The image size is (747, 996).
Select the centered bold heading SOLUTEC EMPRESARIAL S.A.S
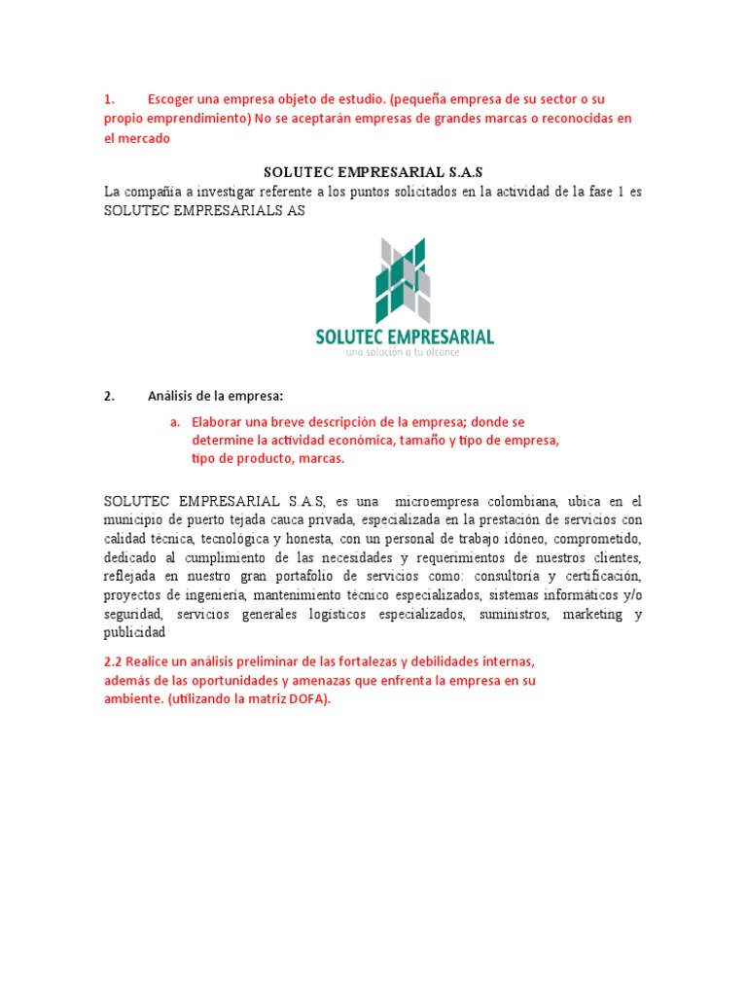pyautogui.click(x=373, y=172)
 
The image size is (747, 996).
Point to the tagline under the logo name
pyautogui.click(x=404, y=352)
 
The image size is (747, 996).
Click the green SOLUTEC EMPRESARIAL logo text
pyautogui.click(x=405, y=337)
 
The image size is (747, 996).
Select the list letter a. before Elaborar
pyautogui.click(x=175, y=422)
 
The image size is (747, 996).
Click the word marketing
pyautogui.click(x=591, y=615)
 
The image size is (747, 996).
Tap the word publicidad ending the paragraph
pyautogui.click(x=135, y=632)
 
